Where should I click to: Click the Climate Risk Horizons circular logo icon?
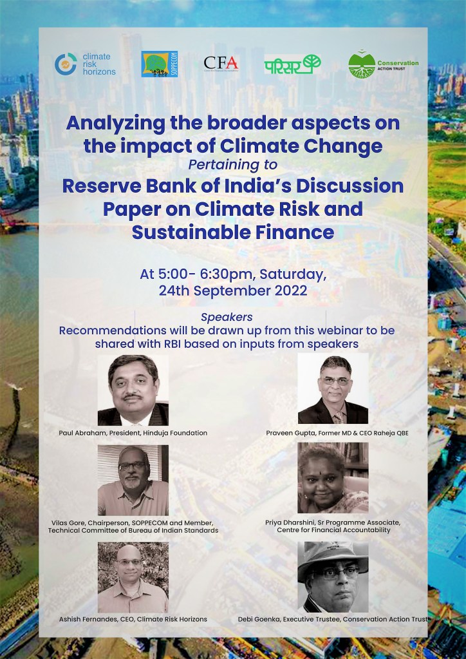pyautogui.click(x=66, y=64)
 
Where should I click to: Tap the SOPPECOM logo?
pyautogui.click(x=160, y=64)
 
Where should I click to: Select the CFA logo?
pyautogui.click(x=221, y=64)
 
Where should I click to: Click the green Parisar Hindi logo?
pyautogui.click(x=293, y=64)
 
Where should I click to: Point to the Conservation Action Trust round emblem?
pyautogui.click(x=362, y=64)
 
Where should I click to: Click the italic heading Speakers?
pyautogui.click(x=227, y=318)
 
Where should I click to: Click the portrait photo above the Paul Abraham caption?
pyautogui.click(x=133, y=390)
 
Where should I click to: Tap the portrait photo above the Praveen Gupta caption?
pyautogui.click(x=333, y=388)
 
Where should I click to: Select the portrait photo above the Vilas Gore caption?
pyautogui.click(x=133, y=480)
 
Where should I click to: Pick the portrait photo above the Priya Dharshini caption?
pyautogui.click(x=333, y=478)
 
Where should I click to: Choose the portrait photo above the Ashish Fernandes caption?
pyautogui.click(x=133, y=577)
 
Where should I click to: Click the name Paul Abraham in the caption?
pyautogui.click(x=82, y=433)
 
